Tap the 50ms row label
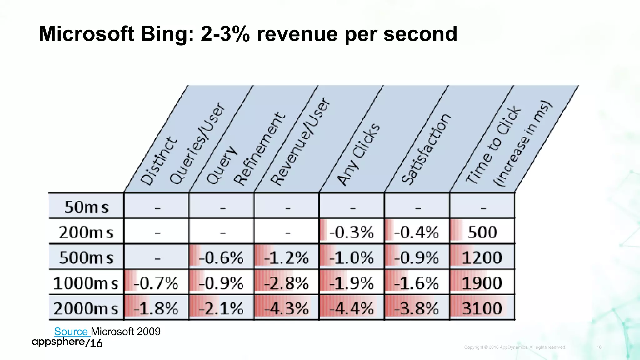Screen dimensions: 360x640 (86, 207)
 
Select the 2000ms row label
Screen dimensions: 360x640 (86, 308)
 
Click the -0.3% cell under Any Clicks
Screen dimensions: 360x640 (352, 232)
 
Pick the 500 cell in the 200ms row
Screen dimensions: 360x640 (482, 232)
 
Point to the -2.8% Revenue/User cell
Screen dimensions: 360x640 (286, 283)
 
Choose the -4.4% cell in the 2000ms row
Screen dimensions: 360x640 (352, 308)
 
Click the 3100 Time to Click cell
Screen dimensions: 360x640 (482, 308)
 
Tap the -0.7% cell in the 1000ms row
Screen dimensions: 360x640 (156, 283)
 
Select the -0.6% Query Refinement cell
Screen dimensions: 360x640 (221, 258)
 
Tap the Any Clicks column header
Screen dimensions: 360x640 (359, 155)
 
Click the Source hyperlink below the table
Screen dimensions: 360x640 (71, 332)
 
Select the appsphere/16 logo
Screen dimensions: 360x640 (67, 342)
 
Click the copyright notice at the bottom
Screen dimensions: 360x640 (515, 347)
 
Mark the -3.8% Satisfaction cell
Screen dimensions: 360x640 (417, 308)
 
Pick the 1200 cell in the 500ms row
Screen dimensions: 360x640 (482, 258)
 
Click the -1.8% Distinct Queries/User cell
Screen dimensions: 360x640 (156, 308)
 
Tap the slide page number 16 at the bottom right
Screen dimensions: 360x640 (599, 347)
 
